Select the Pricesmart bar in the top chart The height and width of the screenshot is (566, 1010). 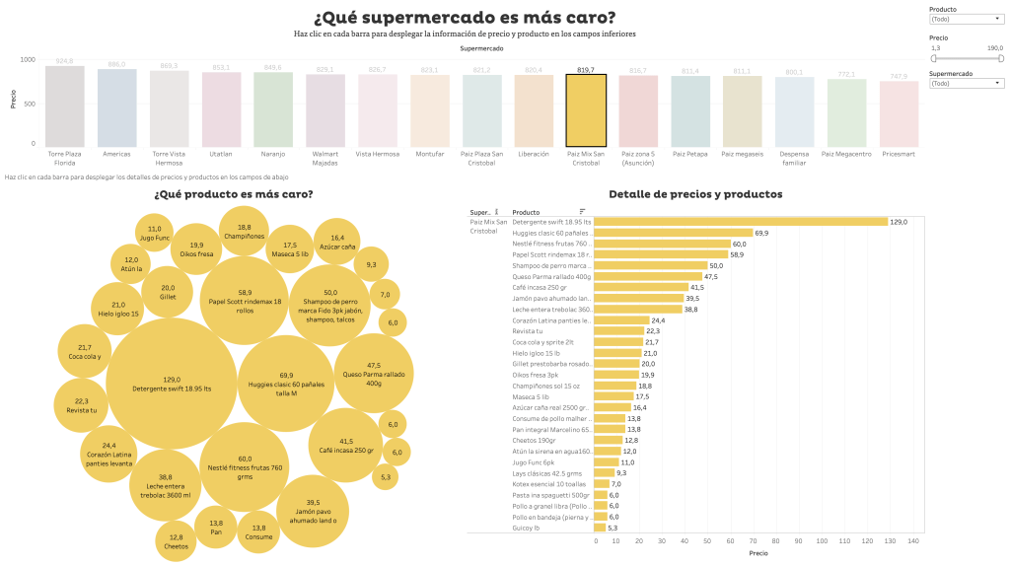899,114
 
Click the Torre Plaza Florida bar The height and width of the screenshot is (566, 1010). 65,107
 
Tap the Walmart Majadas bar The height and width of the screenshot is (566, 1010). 325,111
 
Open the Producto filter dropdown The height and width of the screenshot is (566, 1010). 966,19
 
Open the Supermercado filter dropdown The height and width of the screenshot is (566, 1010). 966,84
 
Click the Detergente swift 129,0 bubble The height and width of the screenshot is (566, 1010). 172,384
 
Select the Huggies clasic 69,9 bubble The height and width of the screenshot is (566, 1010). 285,381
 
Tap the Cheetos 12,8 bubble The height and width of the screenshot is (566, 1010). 176,540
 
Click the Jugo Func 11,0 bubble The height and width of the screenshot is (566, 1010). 155,235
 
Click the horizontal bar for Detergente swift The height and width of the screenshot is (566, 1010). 741,222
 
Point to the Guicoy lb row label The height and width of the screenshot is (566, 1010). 527,528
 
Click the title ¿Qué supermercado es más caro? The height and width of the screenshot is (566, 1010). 464,18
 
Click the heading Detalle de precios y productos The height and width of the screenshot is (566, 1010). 695,194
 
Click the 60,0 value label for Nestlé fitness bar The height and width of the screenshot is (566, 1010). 739,244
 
